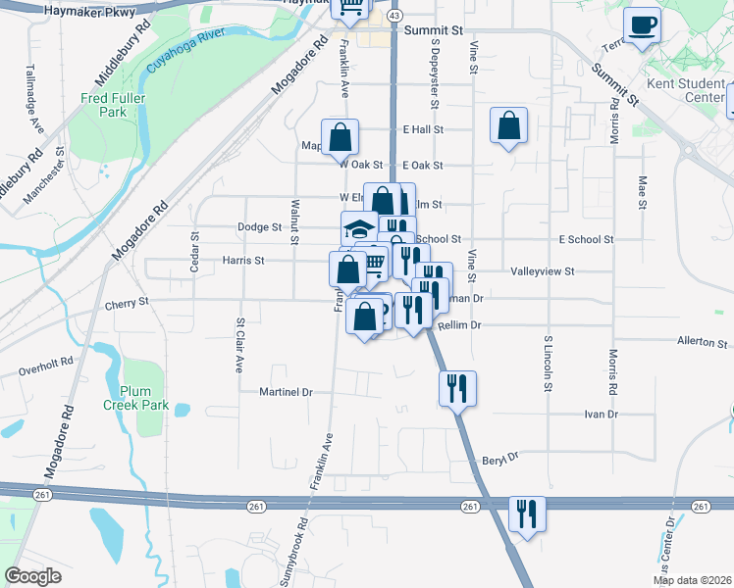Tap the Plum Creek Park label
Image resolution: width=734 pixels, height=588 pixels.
137,397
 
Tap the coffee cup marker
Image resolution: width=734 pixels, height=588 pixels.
643,26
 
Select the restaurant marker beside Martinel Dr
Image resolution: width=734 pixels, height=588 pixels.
457,388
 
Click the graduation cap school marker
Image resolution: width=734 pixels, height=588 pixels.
359,230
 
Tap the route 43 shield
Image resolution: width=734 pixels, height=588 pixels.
393,16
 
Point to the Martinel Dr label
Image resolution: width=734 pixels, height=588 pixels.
286,392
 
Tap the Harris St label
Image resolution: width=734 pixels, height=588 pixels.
243,261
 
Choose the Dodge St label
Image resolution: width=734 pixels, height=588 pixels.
259,226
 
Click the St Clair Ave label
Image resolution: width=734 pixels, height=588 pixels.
238,345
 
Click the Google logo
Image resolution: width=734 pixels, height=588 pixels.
33,575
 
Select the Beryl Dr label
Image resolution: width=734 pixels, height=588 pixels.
499,458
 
